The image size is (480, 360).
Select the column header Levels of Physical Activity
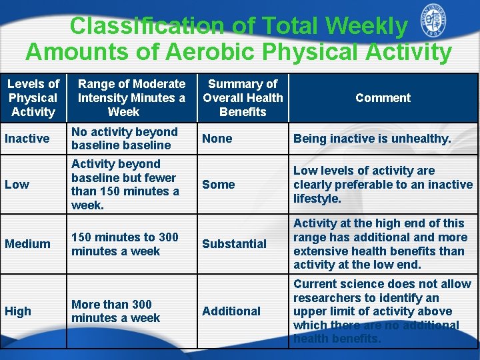pos(33,98)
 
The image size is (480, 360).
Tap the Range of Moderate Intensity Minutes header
pos(131,98)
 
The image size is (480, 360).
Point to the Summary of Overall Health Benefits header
pos(243,98)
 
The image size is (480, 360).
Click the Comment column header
pos(383,98)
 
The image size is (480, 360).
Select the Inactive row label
pos(27,139)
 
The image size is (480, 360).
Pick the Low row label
pos(17,185)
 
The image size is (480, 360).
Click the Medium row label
pos(27,244)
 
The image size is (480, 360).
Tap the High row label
pos(18,311)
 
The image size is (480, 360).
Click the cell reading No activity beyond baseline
pos(125,139)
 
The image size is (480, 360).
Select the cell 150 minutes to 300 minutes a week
pos(125,244)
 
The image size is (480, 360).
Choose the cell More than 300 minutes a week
pos(115,311)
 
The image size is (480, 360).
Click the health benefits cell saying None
pos(217,139)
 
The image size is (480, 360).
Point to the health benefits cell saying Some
pos(219,185)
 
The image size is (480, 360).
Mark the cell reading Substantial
pos(234,244)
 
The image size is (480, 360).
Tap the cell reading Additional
pos(231,311)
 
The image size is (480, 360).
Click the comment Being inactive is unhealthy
pos(372,139)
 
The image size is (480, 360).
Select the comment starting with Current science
pos(381,311)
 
